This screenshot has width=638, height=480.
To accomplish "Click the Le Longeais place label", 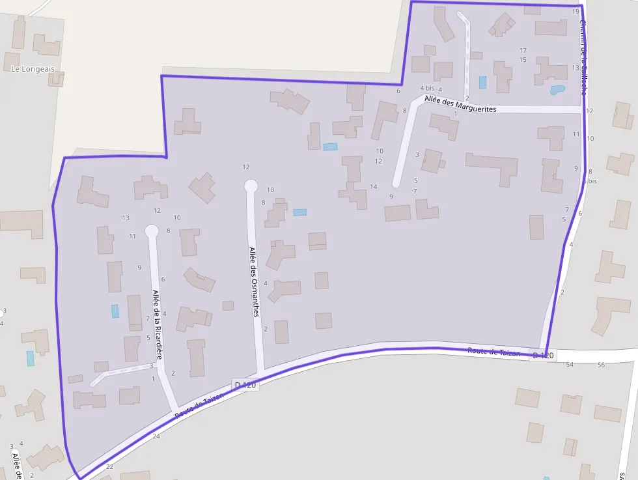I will point(33,68).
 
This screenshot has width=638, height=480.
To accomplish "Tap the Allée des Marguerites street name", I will point(460,104).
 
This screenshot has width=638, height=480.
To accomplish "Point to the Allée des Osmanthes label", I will point(254,281).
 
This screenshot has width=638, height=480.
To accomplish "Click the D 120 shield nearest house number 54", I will point(542,355).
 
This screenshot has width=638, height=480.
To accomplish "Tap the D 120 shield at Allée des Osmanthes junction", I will point(245,385).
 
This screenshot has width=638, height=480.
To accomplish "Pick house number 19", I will point(576,12).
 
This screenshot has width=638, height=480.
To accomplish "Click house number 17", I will point(523,50).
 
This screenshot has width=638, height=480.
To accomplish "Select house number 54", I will point(570,365).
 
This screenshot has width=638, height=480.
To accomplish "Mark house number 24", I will point(156,436).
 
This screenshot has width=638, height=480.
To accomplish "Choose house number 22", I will point(109,466).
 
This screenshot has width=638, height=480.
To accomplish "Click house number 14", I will point(373,187).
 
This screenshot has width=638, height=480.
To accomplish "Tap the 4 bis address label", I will point(426,88).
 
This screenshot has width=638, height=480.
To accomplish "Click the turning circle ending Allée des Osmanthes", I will point(251,186).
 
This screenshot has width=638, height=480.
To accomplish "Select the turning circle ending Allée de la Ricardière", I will point(152,231).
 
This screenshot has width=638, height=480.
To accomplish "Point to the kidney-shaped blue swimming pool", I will point(557,90).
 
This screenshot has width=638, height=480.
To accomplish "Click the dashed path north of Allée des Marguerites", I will point(467,59).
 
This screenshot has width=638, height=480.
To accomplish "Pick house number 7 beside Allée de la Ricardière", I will point(148,318).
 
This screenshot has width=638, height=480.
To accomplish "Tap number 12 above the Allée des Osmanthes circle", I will point(246,167).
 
